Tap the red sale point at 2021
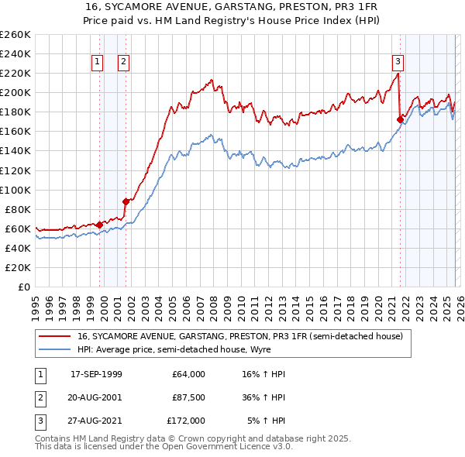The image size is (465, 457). pos(400,119)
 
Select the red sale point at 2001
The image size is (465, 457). pos(126,201)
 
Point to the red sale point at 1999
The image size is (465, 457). pos(100,225)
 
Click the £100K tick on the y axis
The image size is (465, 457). pos(15,190)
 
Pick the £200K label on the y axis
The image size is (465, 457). pos(15,92)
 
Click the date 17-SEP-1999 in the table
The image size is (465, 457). pos(96,374)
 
